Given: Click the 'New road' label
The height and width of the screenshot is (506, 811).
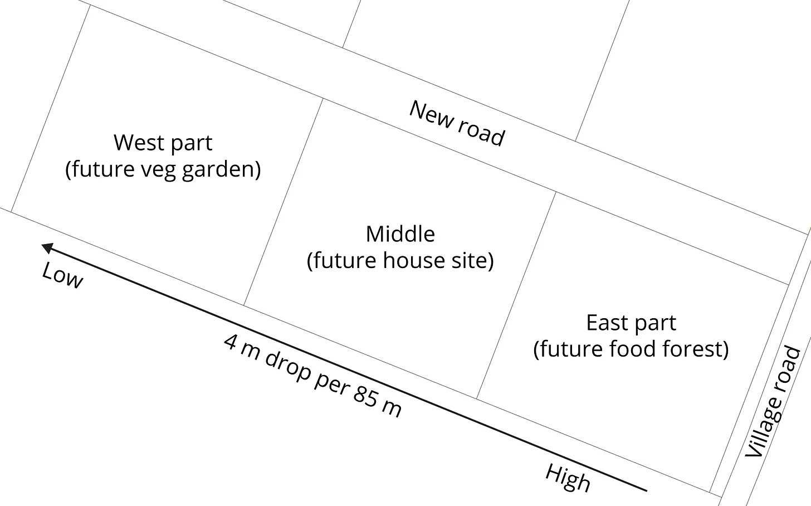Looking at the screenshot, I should coord(457,123).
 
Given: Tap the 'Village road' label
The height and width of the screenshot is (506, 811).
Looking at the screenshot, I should coord(774,401).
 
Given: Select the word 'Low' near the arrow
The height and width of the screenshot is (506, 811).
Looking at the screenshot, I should coord(62,275).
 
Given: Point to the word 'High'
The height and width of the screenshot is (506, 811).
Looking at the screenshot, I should coord(568,478).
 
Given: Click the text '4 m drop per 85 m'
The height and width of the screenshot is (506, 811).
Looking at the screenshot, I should coord(312,375).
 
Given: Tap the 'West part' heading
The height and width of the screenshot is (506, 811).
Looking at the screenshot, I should coord(163,143).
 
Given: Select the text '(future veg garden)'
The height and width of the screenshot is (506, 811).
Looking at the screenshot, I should coord(163,168).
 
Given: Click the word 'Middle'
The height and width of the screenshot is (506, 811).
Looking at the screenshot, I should coord(400,233).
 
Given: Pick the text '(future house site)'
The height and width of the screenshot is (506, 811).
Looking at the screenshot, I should coord(400,260).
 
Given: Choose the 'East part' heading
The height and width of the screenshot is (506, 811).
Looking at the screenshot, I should coord(631,323).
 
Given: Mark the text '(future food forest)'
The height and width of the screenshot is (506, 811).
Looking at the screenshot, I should coord(631,349).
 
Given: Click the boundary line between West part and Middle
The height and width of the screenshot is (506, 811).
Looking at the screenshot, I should coord(283,203).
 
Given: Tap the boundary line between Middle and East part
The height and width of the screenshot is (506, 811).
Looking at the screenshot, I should coord(516,295).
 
